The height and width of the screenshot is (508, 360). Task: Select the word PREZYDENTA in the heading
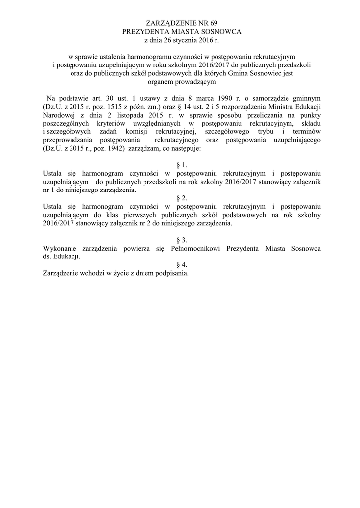(143, 31)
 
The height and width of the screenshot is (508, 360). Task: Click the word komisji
(141, 131)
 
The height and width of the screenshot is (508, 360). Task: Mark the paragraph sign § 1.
(181, 165)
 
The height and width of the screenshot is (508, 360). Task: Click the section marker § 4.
(181, 265)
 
